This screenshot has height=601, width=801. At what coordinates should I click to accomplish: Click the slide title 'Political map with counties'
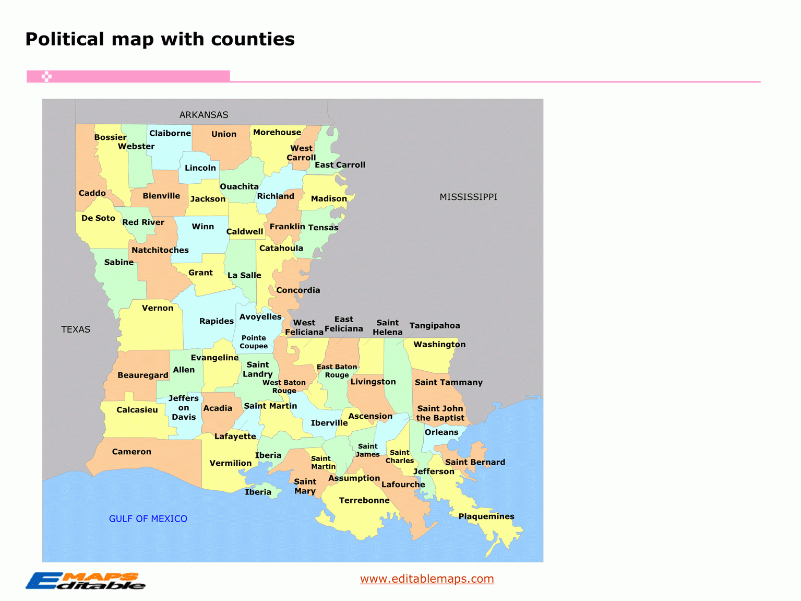tap(160, 39)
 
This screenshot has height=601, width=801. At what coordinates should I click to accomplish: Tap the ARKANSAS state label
tap(204, 115)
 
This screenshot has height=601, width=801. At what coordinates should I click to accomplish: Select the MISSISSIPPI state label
tap(468, 197)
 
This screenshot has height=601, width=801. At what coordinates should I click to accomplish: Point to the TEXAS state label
tap(76, 329)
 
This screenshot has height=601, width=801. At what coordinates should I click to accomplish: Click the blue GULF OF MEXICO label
tap(148, 518)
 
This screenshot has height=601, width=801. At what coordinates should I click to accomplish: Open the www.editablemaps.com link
tap(427, 579)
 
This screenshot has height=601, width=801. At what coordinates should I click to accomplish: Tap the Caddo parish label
tap(92, 193)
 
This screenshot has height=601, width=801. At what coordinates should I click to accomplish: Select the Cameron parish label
tap(131, 452)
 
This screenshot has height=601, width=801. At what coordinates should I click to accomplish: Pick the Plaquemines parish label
tap(486, 516)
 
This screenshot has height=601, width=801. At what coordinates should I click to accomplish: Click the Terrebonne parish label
tap(364, 500)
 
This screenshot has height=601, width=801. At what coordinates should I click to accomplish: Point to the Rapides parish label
tap(217, 321)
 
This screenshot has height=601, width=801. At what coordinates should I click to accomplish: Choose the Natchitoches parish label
tap(160, 250)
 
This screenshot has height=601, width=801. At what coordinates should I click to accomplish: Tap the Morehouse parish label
tap(277, 133)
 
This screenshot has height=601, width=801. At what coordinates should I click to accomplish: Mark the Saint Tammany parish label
tap(449, 382)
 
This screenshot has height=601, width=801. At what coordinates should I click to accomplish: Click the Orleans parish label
tap(441, 432)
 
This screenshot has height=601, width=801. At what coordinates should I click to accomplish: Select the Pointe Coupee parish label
tap(254, 342)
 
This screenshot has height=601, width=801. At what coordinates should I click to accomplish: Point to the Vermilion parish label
tap(231, 463)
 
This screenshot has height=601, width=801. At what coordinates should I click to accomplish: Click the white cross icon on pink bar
tap(46, 77)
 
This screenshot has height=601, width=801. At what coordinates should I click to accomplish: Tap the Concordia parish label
tap(298, 290)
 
